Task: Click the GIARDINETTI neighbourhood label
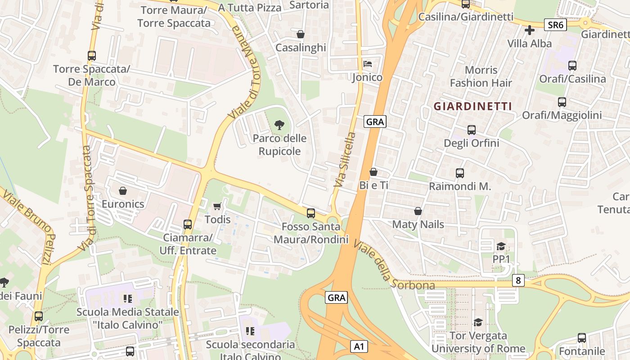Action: pyautogui.click(x=472, y=106)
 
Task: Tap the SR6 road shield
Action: pyautogui.click(x=555, y=25)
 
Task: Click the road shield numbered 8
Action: pyautogui.click(x=518, y=280)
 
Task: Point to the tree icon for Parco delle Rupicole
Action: pyautogui.click(x=279, y=125)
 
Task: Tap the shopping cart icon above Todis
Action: pyautogui.click(x=217, y=207)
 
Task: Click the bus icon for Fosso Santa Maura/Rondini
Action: pyautogui.click(x=310, y=213)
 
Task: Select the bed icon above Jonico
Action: pyautogui.click(x=367, y=64)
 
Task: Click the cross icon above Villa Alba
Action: pyautogui.click(x=530, y=30)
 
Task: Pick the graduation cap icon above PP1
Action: pyautogui.click(x=501, y=246)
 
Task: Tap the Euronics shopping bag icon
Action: pyautogui.click(x=123, y=191)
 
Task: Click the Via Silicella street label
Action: pyautogui.click(x=345, y=159)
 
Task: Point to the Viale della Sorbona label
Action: pyautogui.click(x=393, y=265)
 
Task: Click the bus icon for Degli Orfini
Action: pyautogui.click(x=471, y=130)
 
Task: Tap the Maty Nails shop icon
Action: pyautogui.click(x=418, y=211)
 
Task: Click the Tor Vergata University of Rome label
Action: pyautogui.click(x=478, y=342)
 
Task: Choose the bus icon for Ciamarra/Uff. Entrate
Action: pyautogui.click(x=187, y=224)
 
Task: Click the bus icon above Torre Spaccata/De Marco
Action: pyautogui.click(x=92, y=56)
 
